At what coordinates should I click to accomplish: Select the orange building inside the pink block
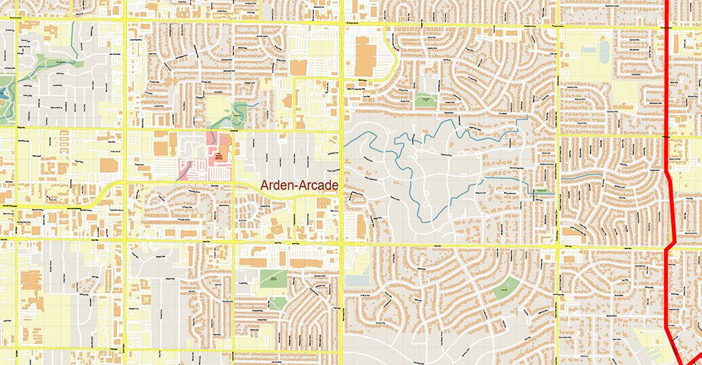pos(220,157)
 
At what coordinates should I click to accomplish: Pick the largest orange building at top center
pos(365,56)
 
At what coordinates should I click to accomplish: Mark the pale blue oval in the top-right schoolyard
pos(604,49)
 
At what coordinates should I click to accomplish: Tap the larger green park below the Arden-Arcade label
pos(273,278)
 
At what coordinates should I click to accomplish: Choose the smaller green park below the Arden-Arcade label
pos(277,303)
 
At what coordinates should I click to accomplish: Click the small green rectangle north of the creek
pos(423,100)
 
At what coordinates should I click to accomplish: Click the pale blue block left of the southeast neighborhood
pos(357,280)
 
